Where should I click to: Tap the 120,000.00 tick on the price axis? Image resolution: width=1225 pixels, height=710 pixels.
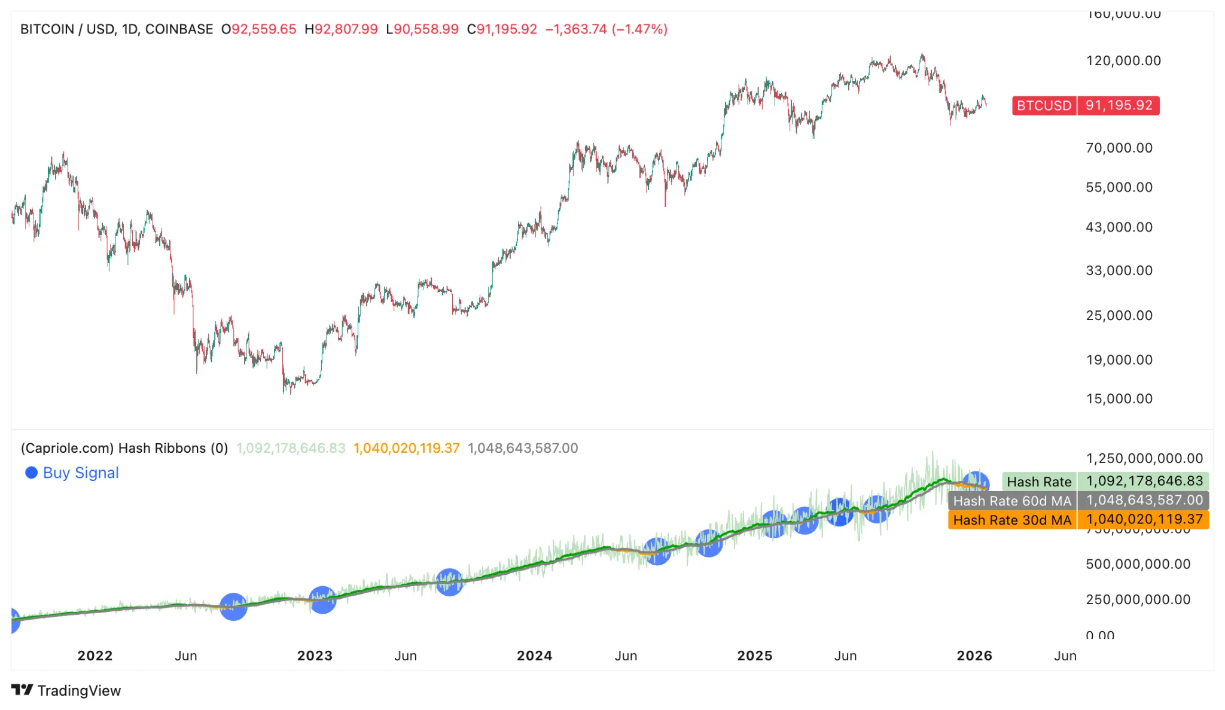coord(1123,60)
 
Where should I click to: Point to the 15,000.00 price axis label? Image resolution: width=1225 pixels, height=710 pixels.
coord(1119,398)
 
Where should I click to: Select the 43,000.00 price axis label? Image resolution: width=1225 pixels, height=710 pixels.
coord(1119,227)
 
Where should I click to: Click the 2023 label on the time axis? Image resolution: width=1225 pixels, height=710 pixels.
coord(315,656)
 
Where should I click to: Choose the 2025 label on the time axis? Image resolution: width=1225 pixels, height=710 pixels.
coord(754,656)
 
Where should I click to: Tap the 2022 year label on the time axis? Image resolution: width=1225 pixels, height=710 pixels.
coord(95,656)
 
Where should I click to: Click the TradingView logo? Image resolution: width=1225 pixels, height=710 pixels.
coord(66,690)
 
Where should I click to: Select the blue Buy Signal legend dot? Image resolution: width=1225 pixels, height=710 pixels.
coord(31,473)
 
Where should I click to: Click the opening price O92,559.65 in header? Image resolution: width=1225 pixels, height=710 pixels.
coord(258,29)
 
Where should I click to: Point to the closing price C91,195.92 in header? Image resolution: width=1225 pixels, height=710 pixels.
coord(502,29)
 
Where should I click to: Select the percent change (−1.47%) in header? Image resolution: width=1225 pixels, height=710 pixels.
coord(639,29)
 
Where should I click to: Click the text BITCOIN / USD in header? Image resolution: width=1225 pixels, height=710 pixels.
coord(66,29)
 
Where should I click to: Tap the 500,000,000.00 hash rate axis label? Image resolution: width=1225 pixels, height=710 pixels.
coord(1138,563)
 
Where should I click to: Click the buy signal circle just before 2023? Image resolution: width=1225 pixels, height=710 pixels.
coord(322,600)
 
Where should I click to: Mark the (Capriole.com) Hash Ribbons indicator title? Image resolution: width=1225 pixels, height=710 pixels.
coord(124,448)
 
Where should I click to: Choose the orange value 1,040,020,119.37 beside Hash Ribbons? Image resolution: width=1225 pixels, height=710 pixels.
coord(406,448)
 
